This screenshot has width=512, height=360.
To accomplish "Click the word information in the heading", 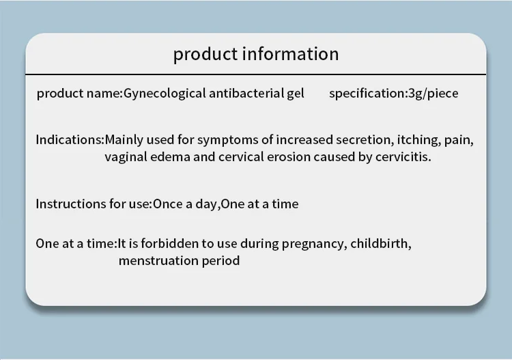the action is click(290, 54).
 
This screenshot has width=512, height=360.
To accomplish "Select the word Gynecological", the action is click(165, 94).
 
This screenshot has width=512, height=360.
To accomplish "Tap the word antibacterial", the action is click(246, 94).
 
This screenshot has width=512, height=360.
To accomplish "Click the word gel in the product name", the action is click(296, 94).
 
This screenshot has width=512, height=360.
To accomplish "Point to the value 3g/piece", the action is click(433, 94).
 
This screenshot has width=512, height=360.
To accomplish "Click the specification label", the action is click(367, 94).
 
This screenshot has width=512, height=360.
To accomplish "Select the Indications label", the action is click(68, 140).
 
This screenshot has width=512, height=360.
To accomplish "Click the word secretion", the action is click(363, 140).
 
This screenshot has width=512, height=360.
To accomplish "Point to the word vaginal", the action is click(126, 158).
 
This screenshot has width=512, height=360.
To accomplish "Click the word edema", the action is click(170, 157).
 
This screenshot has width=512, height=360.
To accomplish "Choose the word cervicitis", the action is click(403, 157).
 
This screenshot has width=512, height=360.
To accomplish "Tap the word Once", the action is click(168, 204).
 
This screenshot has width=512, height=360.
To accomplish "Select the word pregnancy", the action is click(312, 245).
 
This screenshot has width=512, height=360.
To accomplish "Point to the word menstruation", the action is click(158, 261).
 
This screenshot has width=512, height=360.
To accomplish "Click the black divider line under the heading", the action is click(256, 74).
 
